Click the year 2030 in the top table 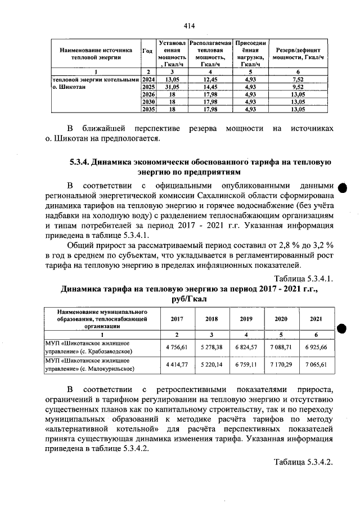[x=148, y=102]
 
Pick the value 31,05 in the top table [x=172, y=88]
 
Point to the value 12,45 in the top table [x=210, y=80]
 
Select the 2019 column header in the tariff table [x=246, y=318]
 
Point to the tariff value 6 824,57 [x=246, y=347]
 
